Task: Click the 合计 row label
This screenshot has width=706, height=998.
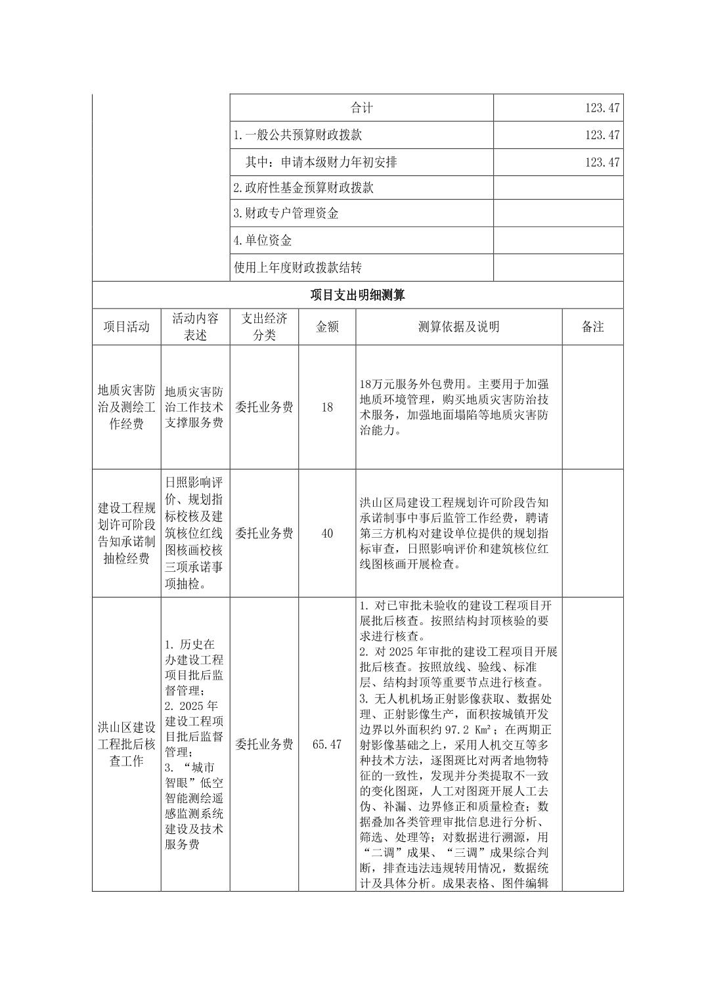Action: (361, 108)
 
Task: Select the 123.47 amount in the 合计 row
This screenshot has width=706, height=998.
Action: (602, 108)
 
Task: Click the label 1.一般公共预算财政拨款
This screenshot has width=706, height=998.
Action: (298, 135)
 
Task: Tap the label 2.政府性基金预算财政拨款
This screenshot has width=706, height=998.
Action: (303, 188)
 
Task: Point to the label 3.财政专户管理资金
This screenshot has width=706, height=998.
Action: (286, 213)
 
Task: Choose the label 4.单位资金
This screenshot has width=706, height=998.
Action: (263, 240)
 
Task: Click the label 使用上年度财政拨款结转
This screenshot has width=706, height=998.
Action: (298, 268)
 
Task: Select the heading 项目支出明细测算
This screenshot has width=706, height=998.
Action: (357, 295)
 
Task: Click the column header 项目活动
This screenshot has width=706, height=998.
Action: (126, 326)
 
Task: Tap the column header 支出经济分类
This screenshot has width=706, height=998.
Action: (264, 326)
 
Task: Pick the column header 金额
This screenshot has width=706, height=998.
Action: (327, 326)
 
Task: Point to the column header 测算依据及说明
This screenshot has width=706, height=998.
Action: (458, 326)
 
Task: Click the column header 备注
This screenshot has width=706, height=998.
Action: (592, 326)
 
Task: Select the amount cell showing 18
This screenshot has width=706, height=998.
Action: (327, 407)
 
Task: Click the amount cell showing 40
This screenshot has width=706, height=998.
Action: (327, 533)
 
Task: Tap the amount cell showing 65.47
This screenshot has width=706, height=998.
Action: (327, 744)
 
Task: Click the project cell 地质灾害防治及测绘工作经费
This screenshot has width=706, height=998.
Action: (126, 407)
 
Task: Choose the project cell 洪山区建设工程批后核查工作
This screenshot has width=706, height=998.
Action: (126, 744)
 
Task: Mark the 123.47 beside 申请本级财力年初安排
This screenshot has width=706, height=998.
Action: (602, 162)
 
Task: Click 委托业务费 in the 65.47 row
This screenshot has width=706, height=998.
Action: (264, 744)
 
